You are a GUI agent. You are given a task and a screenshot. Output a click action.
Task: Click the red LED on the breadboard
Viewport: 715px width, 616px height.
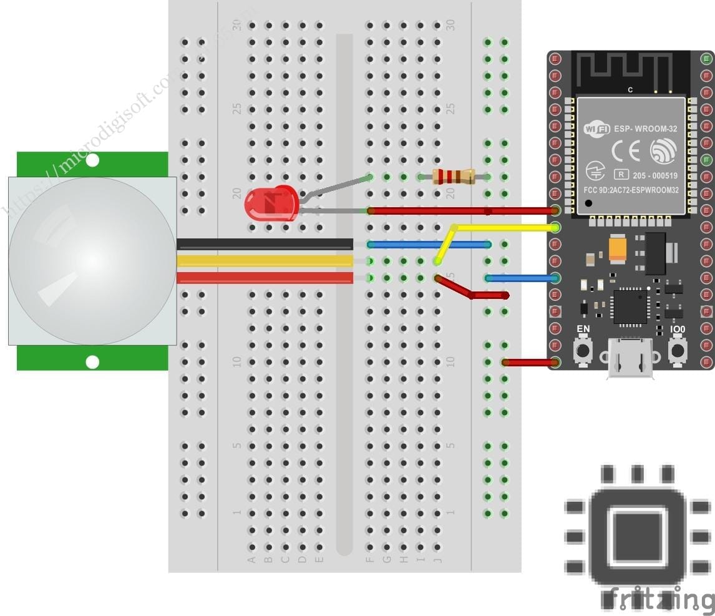[x=271, y=203]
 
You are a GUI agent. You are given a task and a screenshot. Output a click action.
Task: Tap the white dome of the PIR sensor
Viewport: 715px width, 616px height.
[x=92, y=260]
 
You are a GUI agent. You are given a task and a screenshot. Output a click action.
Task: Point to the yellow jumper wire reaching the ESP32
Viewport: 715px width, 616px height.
[x=505, y=227]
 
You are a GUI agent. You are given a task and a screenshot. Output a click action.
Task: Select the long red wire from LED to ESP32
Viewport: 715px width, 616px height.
[x=462, y=211]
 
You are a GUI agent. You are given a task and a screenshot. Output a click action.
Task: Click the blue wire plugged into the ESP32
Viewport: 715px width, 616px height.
[x=521, y=278]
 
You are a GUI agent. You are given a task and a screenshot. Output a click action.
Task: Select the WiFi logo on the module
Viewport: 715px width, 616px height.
[x=596, y=129]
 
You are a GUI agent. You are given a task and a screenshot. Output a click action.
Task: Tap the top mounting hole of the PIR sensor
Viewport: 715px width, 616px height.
[x=92, y=161]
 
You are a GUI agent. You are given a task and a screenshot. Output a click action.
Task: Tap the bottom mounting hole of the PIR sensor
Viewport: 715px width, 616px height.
[x=92, y=361]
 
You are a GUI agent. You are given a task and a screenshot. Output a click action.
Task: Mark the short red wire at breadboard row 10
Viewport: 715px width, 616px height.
[x=529, y=362]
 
